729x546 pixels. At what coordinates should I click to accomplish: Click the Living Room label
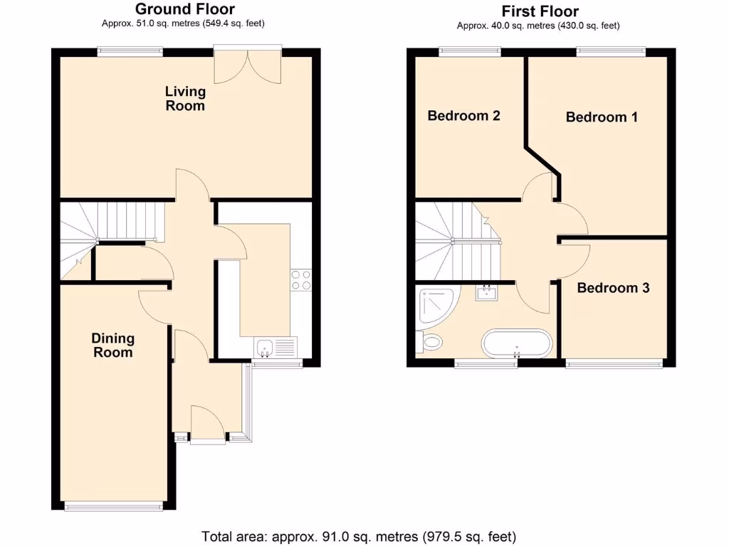click(x=185, y=99)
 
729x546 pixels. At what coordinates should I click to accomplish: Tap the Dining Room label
click(x=113, y=346)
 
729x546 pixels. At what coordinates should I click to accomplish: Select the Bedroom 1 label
click(x=602, y=117)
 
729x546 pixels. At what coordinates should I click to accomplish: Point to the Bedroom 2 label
click(x=463, y=115)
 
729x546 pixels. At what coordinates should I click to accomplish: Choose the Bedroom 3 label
click(x=613, y=288)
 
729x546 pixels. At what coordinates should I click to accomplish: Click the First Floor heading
click(x=540, y=11)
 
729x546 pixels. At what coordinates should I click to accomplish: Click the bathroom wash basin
click(x=488, y=292)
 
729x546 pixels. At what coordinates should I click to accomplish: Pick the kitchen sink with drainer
click(x=276, y=348)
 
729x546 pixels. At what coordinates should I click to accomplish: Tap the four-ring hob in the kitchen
click(x=300, y=280)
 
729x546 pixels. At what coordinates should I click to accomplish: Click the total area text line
click(x=359, y=536)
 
